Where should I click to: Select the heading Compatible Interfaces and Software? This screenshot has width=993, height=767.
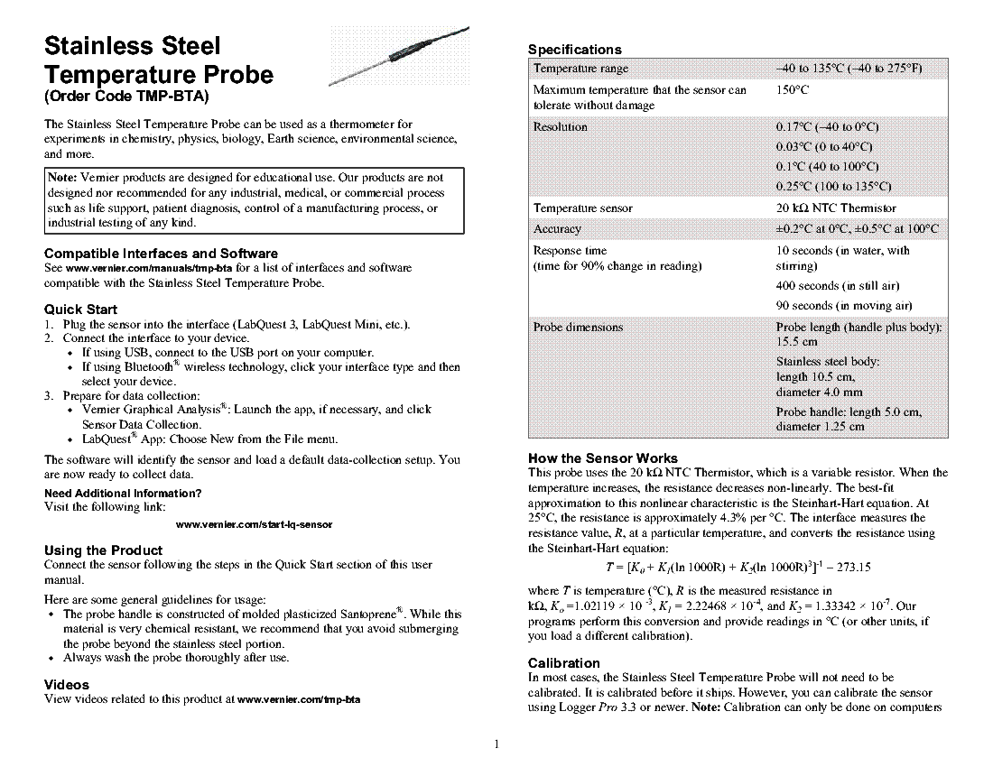(x=161, y=253)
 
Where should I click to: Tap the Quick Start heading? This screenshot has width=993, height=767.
(x=81, y=309)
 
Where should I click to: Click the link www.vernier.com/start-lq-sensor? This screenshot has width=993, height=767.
(x=255, y=524)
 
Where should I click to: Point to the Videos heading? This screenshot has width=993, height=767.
(x=67, y=684)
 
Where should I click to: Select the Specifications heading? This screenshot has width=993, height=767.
(x=574, y=49)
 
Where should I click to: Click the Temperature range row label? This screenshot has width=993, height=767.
(x=581, y=69)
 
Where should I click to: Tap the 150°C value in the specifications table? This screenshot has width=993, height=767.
(x=793, y=90)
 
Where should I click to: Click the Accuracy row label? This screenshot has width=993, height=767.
(x=558, y=229)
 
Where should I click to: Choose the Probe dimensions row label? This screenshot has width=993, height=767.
(x=578, y=327)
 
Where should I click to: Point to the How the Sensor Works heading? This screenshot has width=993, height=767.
(x=602, y=457)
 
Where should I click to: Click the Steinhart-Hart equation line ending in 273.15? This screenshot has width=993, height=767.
(x=738, y=568)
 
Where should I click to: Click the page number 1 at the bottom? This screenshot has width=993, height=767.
(x=496, y=744)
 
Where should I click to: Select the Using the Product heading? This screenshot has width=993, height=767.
(x=103, y=550)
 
